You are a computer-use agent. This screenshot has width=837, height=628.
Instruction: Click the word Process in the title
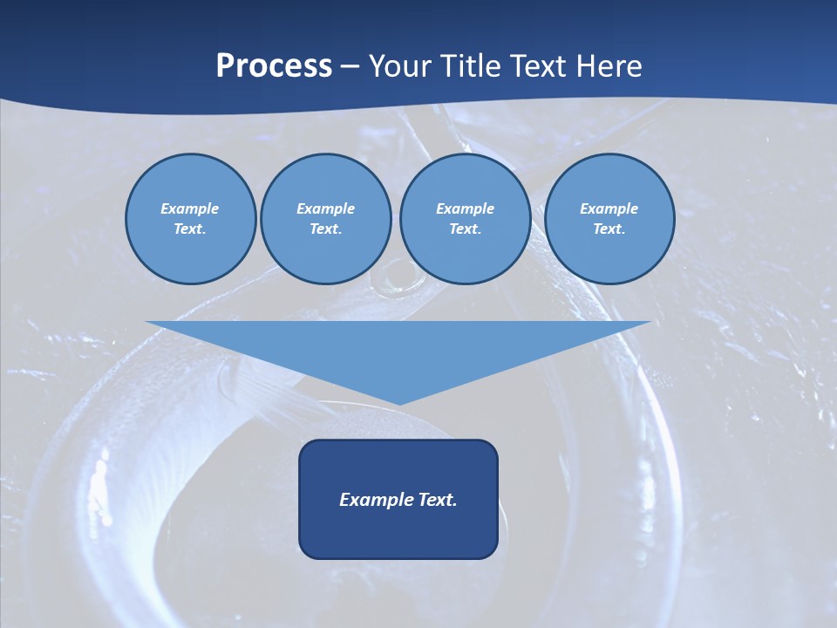click(274, 66)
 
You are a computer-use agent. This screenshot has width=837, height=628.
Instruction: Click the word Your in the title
click(400, 66)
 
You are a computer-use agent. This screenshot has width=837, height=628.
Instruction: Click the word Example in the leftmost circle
click(190, 208)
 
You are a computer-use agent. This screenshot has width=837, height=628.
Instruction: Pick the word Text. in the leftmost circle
click(190, 229)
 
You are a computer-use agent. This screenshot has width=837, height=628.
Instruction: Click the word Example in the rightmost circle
click(609, 208)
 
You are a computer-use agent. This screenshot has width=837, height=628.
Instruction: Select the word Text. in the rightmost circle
click(609, 229)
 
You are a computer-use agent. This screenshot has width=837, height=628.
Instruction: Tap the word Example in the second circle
click(326, 208)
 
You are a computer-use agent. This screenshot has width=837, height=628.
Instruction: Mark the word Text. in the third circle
click(465, 229)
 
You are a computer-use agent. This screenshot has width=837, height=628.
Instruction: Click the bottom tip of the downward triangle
click(398, 403)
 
